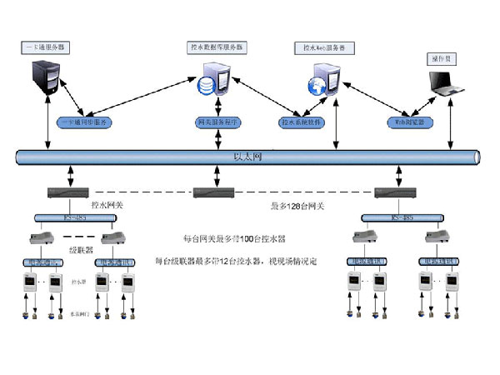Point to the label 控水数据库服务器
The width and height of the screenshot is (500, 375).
[x=216, y=48]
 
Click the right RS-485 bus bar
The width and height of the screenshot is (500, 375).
[x=400, y=218]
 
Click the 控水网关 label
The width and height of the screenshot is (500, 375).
[x=108, y=202]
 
